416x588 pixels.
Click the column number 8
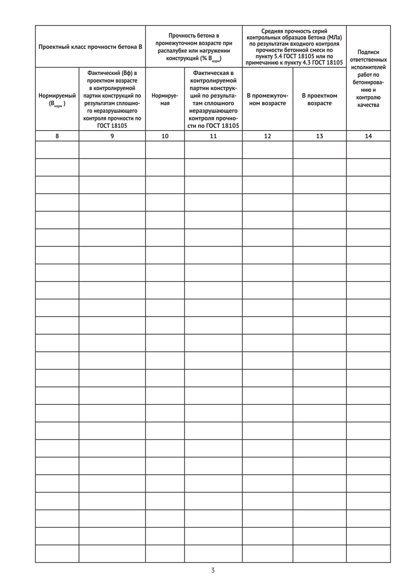(57, 136)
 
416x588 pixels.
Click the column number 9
(112, 136)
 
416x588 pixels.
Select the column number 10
(165, 136)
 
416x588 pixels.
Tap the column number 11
(213, 136)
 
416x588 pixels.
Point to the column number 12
(268, 136)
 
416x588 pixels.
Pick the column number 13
(319, 136)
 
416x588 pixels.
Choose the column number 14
(368, 136)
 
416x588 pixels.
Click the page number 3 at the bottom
(213, 570)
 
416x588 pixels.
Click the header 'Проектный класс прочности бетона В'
(90, 47)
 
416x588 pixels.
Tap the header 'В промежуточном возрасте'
(268, 99)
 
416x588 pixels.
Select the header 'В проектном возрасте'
(319, 99)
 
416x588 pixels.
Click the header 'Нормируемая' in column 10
(165, 99)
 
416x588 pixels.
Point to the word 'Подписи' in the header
(368, 52)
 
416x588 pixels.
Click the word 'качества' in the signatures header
(368, 105)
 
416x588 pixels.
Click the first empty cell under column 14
(368, 149)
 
